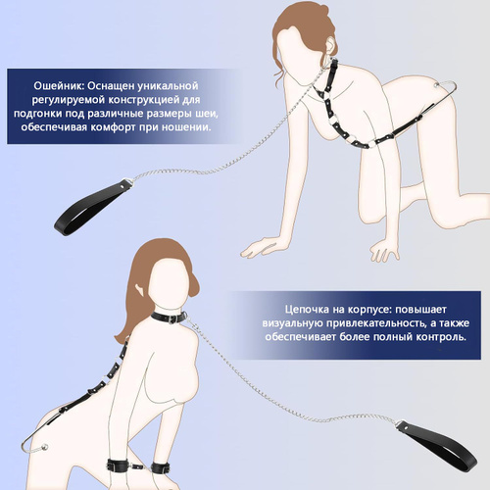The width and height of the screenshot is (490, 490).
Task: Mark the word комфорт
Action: coord(112,127)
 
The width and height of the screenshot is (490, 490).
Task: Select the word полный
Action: coord(392,337)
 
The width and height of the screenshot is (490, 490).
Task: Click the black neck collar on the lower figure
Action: coord(169,317)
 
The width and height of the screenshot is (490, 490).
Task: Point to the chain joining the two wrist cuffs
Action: coord(141,466)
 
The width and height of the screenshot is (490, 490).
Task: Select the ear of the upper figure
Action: coord(331,45)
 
